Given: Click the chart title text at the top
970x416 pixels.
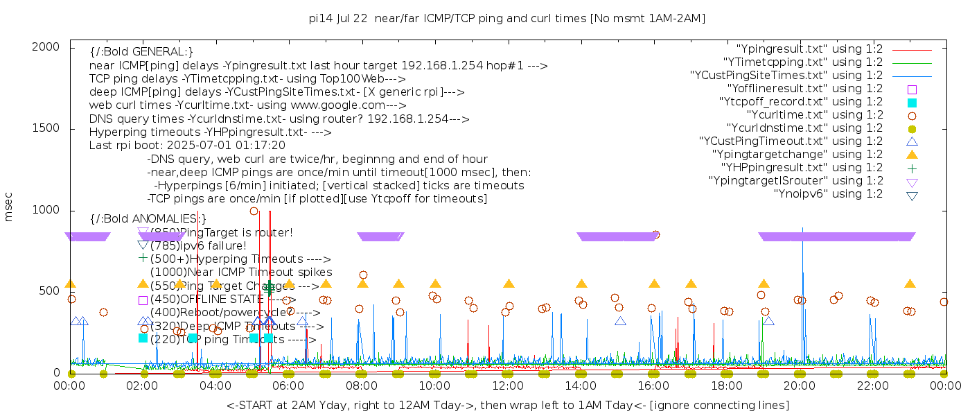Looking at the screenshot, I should point(507,18).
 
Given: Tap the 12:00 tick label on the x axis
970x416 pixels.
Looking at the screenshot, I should point(508,385).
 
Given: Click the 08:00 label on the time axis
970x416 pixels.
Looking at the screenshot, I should point(362,385).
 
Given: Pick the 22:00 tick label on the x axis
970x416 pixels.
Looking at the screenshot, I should point(872,385).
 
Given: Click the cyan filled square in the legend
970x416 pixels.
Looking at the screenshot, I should point(912,102).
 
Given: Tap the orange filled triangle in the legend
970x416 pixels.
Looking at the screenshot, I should point(912,155).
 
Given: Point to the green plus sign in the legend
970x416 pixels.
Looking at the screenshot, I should point(912,168).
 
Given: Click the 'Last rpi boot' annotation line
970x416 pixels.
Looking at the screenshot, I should point(187,146).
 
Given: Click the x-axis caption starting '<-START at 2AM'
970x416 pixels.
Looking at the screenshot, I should point(507,405).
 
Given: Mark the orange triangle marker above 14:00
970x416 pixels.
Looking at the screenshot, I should point(581,284).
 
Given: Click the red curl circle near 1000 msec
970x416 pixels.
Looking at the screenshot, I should point(254,211).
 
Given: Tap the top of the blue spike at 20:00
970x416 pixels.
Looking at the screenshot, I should point(802,227).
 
